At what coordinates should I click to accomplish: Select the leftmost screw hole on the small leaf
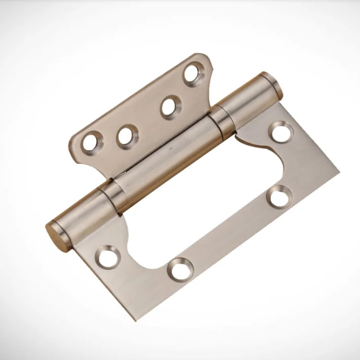[92, 143]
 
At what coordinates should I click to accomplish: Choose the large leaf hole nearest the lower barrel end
[107, 257]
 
